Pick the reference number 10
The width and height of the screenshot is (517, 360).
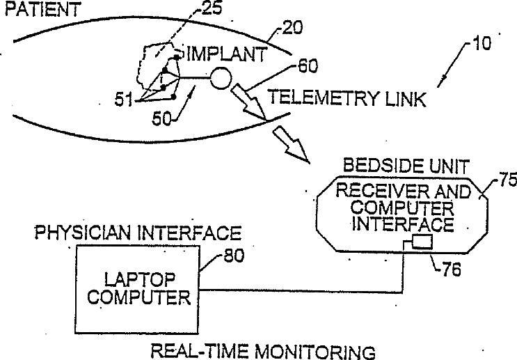click(x=481, y=43)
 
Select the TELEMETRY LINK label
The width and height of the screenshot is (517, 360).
click(x=347, y=99)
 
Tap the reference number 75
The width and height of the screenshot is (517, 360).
click(x=506, y=182)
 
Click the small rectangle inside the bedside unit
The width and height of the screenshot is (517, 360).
click(x=421, y=242)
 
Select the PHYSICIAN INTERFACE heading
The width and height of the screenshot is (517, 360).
click(x=138, y=232)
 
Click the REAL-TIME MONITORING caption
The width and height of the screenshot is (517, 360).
click(x=263, y=350)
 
